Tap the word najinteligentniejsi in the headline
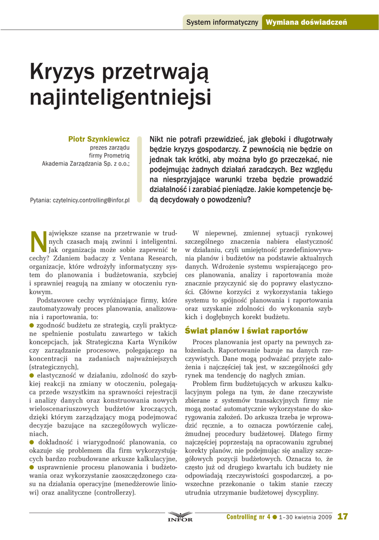120,98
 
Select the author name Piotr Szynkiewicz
99,139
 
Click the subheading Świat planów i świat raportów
246,331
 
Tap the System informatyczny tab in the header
222,22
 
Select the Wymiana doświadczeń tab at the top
306,22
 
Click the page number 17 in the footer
343,517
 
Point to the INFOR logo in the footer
180,517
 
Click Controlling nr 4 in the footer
248,517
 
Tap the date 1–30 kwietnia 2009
306,517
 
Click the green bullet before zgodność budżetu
32,326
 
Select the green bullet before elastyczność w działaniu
32,375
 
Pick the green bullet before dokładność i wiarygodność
32,442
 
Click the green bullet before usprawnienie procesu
32,467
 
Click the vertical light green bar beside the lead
140,169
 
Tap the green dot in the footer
275,517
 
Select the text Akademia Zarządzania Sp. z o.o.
86,163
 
